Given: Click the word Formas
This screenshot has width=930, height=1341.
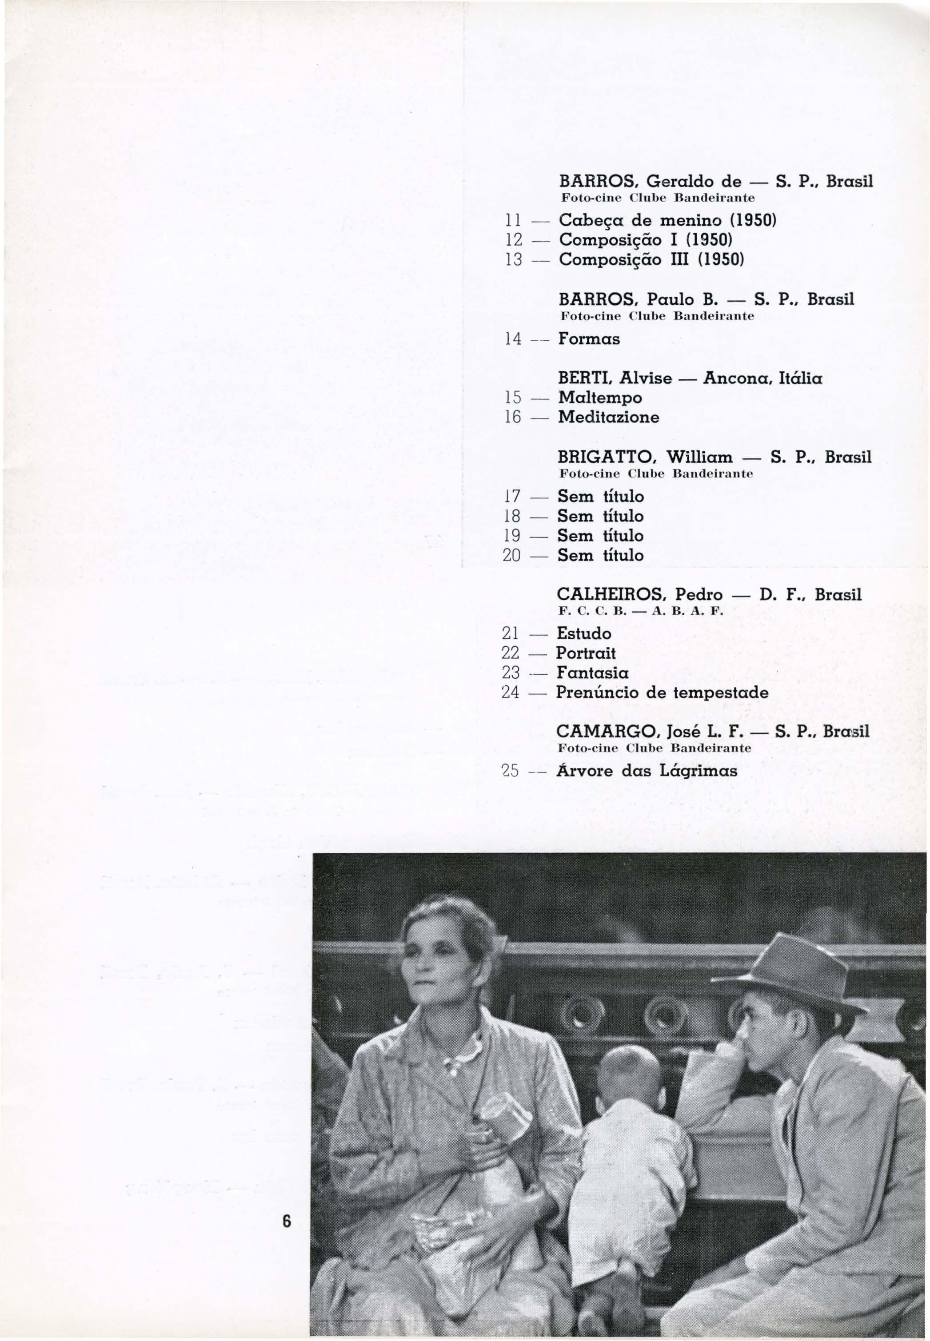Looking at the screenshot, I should (x=589, y=338).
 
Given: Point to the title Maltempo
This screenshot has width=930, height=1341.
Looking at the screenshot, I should (x=600, y=398).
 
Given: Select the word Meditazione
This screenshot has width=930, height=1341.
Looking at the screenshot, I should (x=608, y=417).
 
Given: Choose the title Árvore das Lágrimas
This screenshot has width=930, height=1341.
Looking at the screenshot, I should (x=647, y=771).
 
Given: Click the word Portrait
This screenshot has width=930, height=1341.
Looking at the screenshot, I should (x=586, y=653).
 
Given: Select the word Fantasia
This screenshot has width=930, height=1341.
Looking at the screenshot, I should (x=592, y=673).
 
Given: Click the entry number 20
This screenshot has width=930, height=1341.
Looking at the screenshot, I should (x=511, y=556).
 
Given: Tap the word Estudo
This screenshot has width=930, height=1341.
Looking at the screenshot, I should (x=584, y=633).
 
